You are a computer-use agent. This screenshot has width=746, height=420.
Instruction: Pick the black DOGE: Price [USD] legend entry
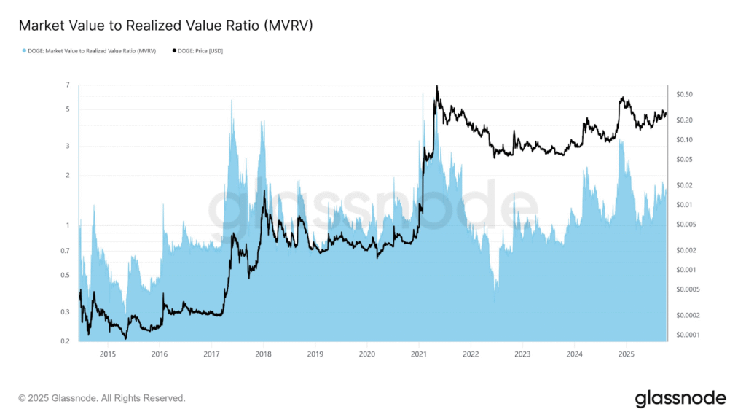point(198,50)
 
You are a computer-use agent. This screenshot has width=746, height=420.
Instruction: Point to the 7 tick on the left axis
point(67,85)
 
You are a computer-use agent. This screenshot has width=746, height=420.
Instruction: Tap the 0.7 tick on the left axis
point(65,251)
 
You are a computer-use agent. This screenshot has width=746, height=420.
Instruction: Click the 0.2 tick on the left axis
point(65,341)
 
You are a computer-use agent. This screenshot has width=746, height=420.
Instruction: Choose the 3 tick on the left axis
point(67,146)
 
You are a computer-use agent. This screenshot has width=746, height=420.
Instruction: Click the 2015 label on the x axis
point(107,354)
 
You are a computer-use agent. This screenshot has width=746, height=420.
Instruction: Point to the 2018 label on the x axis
point(263,354)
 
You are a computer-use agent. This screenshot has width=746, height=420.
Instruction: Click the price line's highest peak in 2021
point(437,86)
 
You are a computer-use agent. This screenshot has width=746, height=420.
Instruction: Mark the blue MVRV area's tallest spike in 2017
point(232,101)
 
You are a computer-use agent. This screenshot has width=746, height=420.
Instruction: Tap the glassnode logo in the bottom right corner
point(680,398)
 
